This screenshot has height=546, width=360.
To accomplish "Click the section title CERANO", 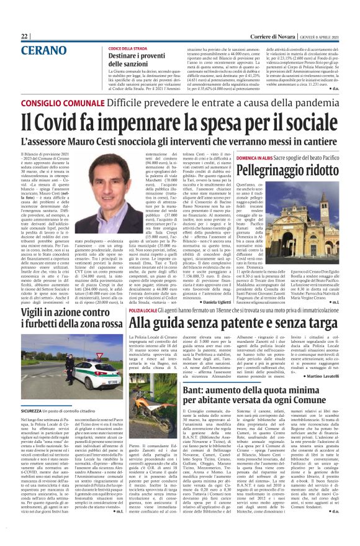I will tap(44, 51).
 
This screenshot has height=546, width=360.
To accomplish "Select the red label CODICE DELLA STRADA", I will tap(128, 48).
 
